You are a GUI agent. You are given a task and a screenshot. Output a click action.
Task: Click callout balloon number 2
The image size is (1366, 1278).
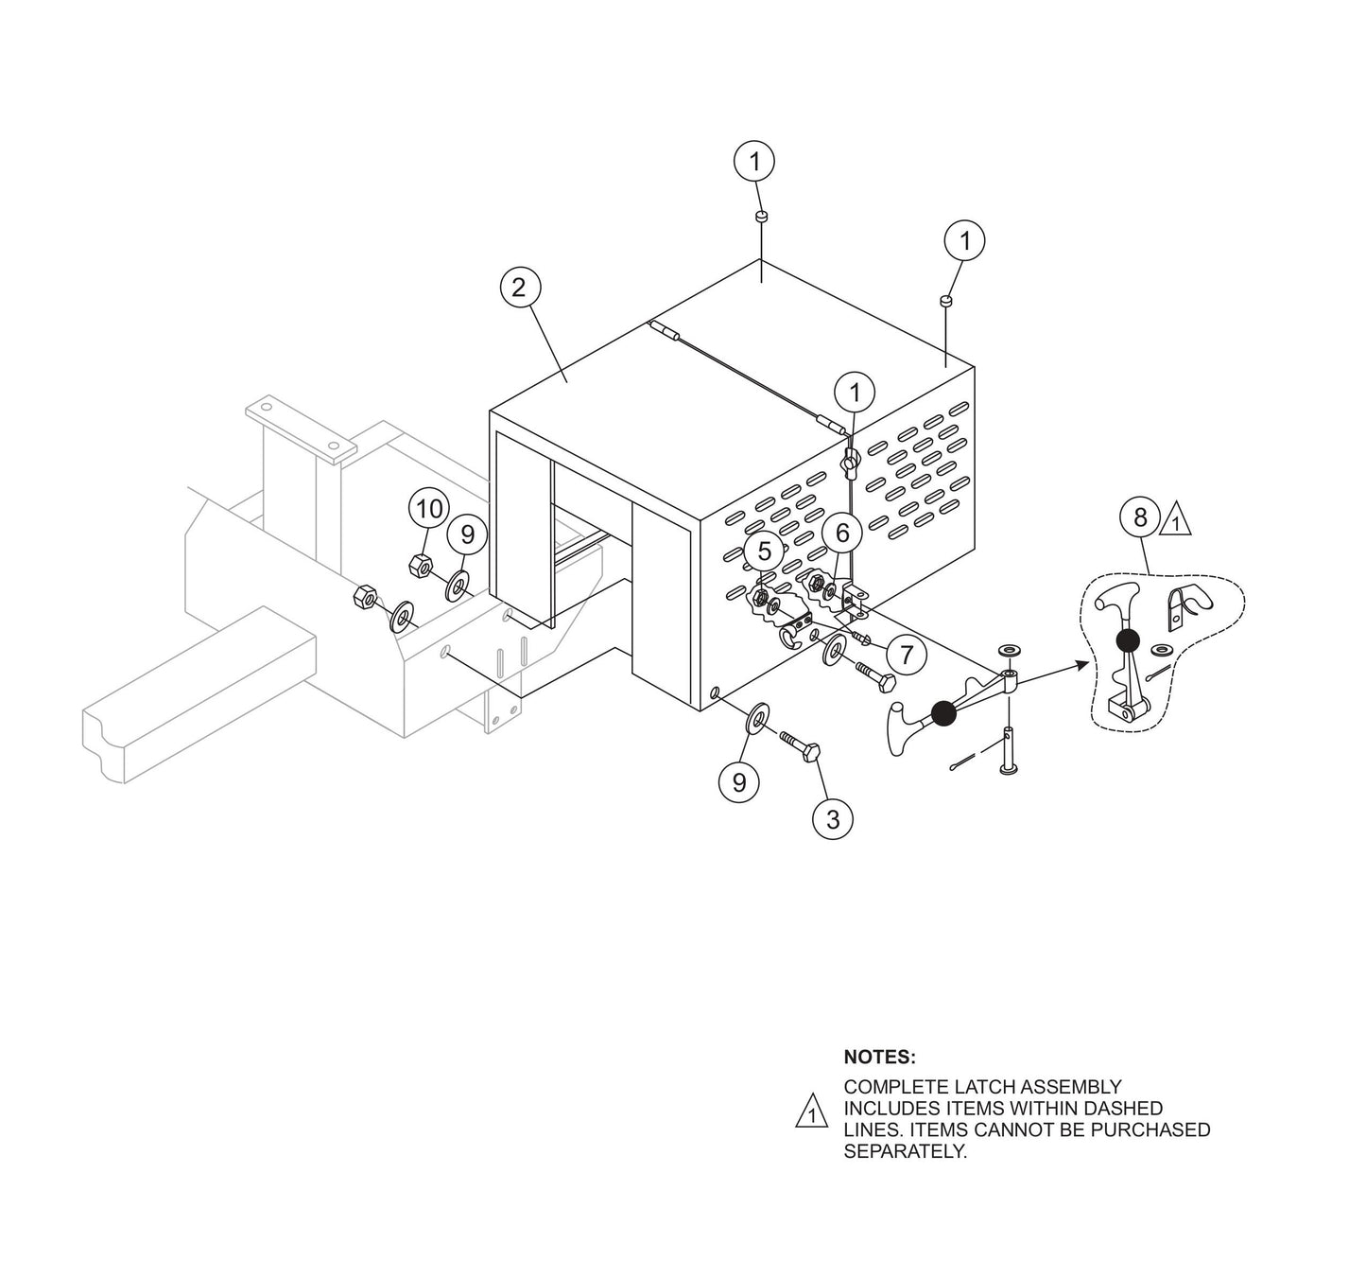click(518, 288)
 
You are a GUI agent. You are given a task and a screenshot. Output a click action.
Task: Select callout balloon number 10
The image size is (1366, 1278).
click(428, 510)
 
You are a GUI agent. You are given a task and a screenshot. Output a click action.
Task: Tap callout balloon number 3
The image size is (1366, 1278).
click(832, 819)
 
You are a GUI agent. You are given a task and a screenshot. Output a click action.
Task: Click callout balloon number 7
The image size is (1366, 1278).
click(906, 655)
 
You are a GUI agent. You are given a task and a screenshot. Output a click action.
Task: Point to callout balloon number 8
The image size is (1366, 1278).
click(1140, 517)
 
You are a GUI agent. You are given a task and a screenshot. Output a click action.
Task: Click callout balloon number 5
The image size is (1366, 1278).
click(764, 551)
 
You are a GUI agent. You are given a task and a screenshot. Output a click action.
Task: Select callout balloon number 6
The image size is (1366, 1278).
click(841, 534)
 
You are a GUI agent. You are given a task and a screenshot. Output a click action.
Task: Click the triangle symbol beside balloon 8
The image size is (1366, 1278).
click(1175, 521)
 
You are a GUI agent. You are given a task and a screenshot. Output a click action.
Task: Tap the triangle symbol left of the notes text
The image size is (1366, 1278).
click(810, 1112)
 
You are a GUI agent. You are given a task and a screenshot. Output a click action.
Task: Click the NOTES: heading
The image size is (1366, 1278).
click(878, 1057)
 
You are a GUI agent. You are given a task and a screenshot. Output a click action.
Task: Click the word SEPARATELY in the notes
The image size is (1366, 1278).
click(905, 1152)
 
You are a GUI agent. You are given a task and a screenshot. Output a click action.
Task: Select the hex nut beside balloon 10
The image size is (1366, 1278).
click(421, 567)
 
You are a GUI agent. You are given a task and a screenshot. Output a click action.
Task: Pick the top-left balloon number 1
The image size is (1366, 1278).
click(754, 162)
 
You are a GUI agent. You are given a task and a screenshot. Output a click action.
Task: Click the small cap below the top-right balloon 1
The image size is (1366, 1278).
click(946, 301)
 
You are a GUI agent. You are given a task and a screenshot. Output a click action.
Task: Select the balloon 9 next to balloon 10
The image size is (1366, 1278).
click(467, 535)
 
